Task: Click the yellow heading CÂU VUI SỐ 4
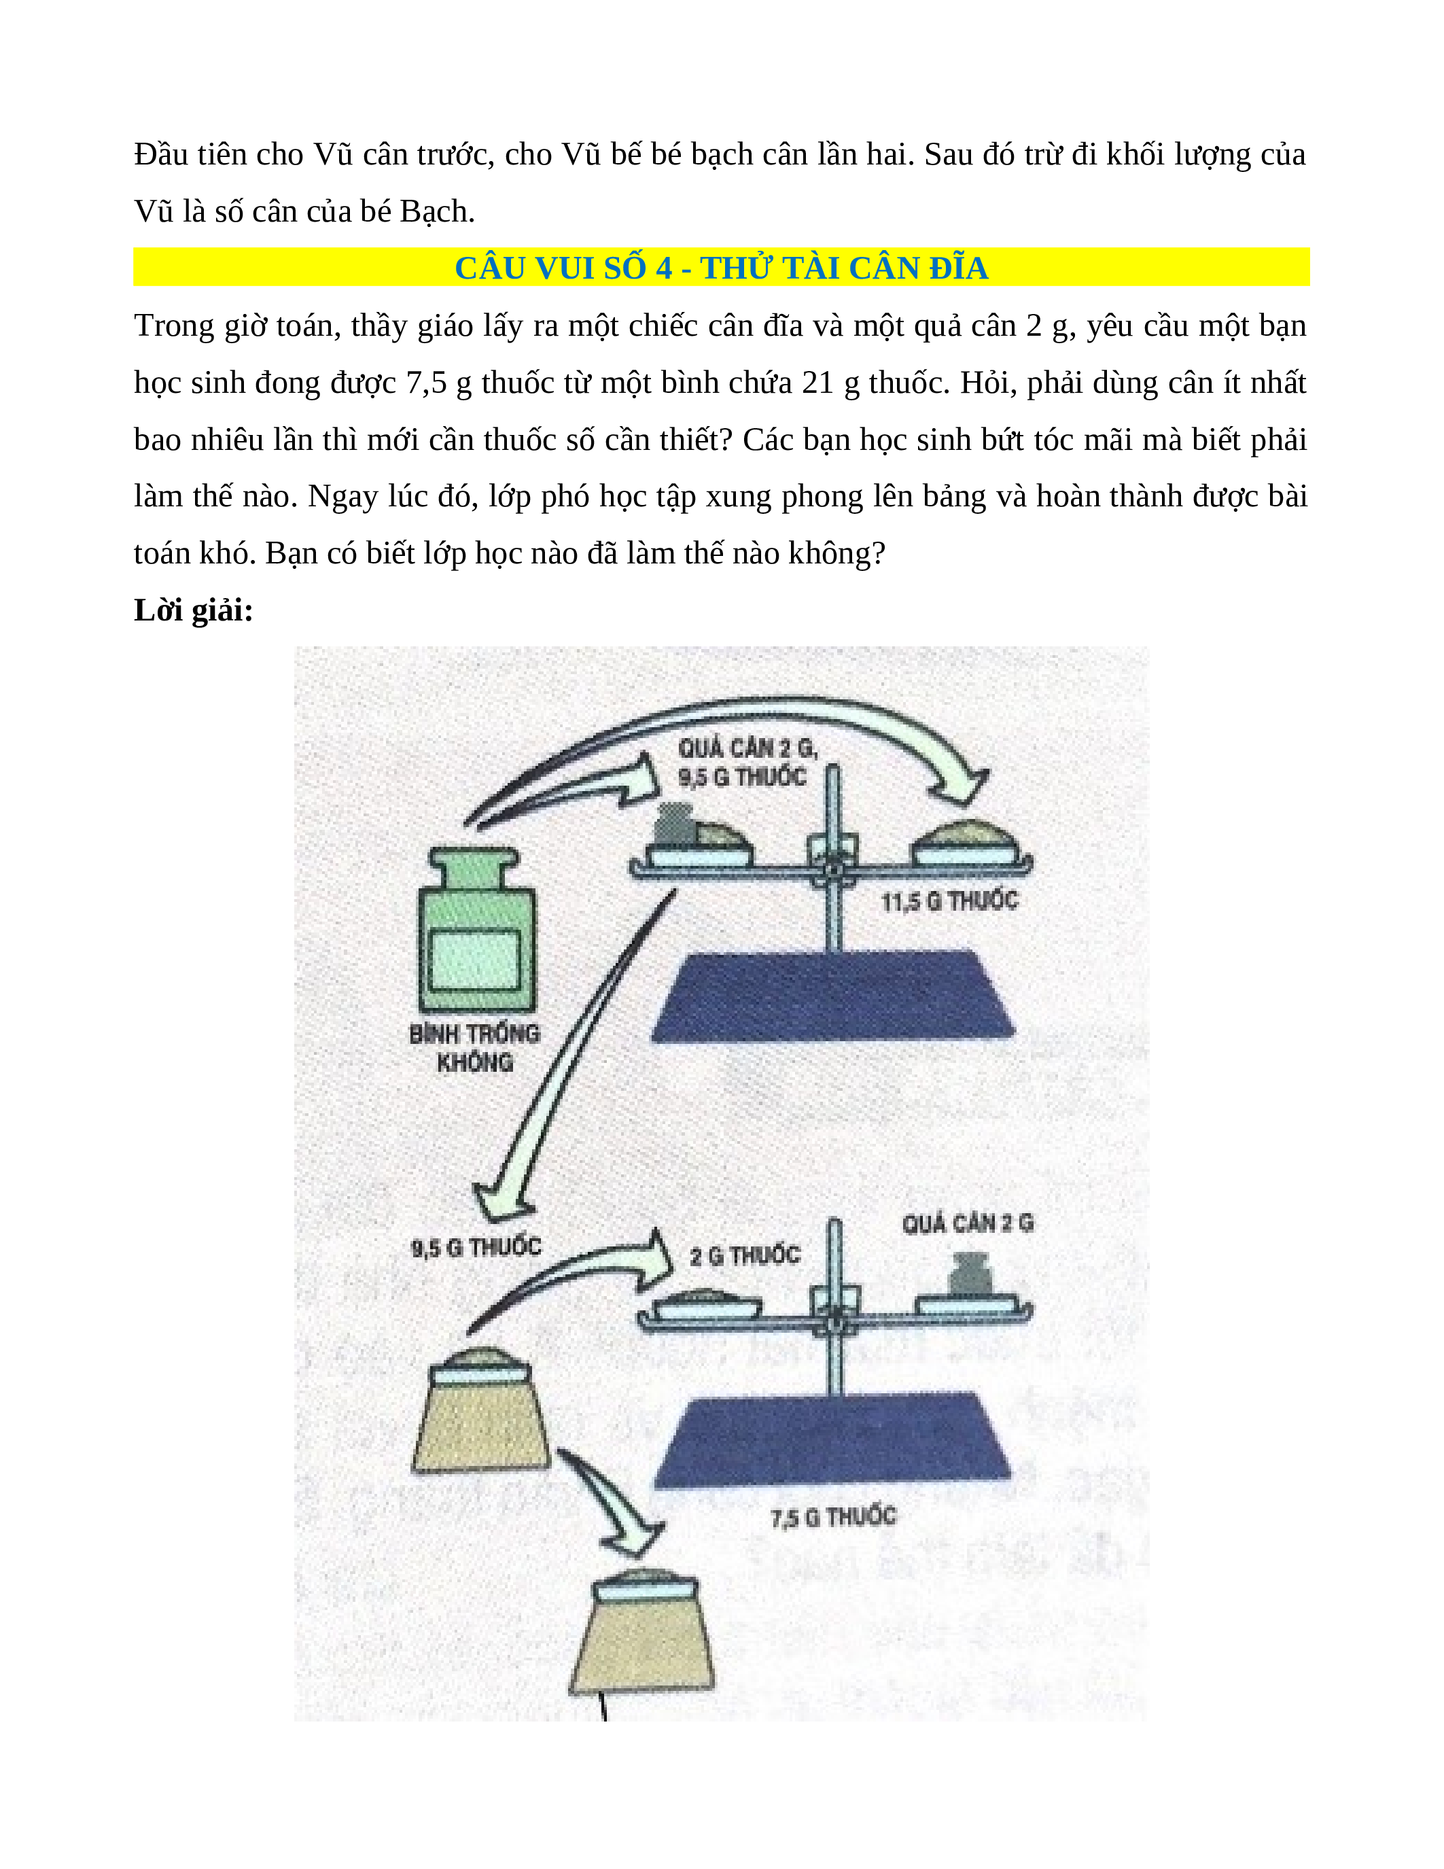pos(721,268)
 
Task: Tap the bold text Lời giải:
pos(194,610)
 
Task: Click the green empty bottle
pos(476,929)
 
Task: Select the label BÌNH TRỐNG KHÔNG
pos(475,1047)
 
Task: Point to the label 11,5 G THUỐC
pos(949,901)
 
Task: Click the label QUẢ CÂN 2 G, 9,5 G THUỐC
pos(747,763)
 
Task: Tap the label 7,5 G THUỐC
pos(833,1517)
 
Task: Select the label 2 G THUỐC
pos(745,1255)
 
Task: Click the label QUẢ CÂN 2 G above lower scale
pos(968,1223)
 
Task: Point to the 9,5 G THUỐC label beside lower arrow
pos(476,1247)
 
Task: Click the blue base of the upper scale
pos(833,995)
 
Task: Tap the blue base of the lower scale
pos(833,1442)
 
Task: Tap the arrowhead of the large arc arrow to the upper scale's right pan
pos(964,786)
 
